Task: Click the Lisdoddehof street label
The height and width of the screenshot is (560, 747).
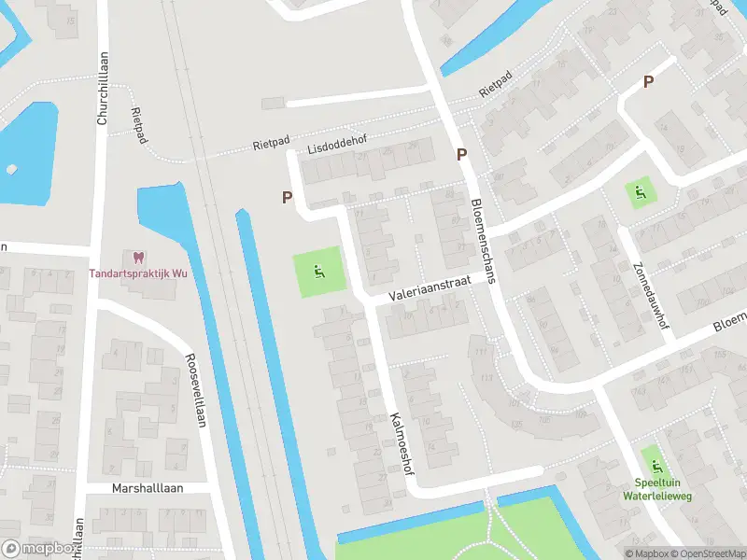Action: point(337,147)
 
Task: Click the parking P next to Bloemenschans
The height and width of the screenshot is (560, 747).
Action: point(461,155)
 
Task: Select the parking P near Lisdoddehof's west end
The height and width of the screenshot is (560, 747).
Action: point(288,197)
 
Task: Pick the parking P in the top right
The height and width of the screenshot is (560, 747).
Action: point(648,83)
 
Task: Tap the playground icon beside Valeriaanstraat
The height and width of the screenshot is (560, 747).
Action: point(318,273)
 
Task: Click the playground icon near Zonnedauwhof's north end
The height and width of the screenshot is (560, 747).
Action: point(640,193)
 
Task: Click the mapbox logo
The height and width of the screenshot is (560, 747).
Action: point(37,548)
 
